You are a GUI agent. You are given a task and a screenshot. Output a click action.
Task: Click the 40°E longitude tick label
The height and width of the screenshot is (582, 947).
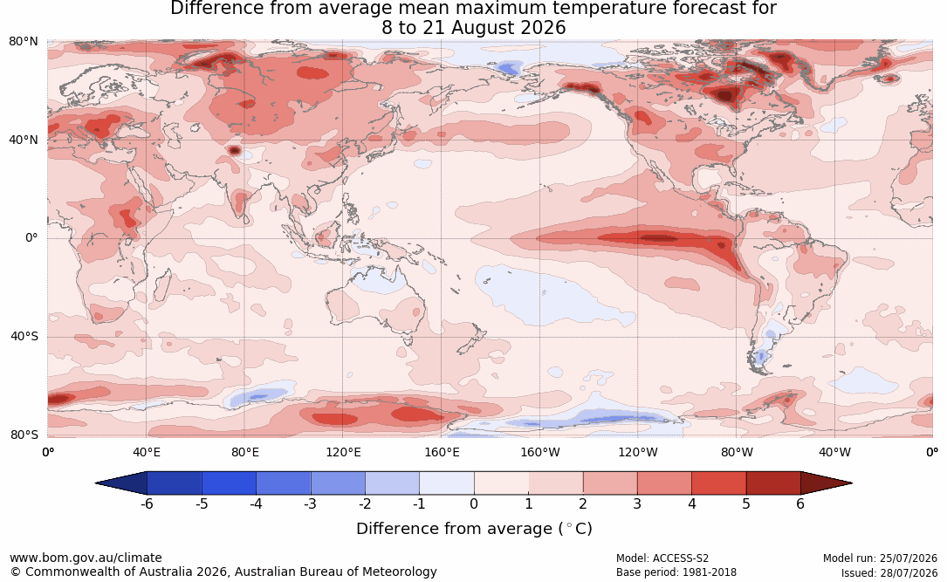(x=146, y=452)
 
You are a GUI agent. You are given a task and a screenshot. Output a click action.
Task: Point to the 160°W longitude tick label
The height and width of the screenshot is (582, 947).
(x=540, y=452)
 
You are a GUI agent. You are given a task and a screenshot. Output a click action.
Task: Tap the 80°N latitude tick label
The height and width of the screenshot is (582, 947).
(x=24, y=42)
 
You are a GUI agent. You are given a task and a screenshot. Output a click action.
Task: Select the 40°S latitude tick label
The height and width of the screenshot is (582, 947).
(x=24, y=336)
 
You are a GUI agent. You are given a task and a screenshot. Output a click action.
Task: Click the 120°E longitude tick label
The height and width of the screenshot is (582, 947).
(x=343, y=452)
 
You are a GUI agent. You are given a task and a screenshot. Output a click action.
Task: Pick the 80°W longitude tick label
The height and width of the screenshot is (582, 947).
(x=737, y=452)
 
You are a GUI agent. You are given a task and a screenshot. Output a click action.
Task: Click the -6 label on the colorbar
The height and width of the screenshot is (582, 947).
(x=147, y=503)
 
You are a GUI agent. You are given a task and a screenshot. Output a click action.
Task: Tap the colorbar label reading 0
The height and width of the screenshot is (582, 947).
(x=474, y=503)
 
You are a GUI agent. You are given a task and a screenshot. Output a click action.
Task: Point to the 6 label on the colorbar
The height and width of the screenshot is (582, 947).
(x=800, y=503)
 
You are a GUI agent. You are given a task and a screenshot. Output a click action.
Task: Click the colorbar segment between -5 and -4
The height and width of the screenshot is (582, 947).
(x=229, y=483)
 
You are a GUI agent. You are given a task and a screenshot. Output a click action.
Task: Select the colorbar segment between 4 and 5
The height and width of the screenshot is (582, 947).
(x=718, y=483)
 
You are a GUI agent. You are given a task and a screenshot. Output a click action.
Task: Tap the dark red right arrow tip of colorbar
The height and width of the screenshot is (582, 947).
(x=851, y=483)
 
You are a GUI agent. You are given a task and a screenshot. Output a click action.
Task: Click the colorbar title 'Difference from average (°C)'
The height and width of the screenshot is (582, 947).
(x=474, y=529)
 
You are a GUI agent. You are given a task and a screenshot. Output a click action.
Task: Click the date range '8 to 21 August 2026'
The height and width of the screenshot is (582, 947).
(x=473, y=28)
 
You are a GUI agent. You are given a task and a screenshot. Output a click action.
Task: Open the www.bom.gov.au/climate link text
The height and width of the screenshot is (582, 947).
(x=86, y=558)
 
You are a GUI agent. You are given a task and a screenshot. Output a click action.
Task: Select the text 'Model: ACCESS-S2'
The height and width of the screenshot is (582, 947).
(x=662, y=558)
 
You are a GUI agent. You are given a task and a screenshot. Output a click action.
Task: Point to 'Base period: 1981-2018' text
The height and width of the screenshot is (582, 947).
(x=676, y=572)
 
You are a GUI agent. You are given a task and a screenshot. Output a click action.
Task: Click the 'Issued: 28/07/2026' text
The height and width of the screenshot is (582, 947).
(x=889, y=572)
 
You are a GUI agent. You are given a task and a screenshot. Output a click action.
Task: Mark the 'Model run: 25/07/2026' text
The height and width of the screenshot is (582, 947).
(x=880, y=558)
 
